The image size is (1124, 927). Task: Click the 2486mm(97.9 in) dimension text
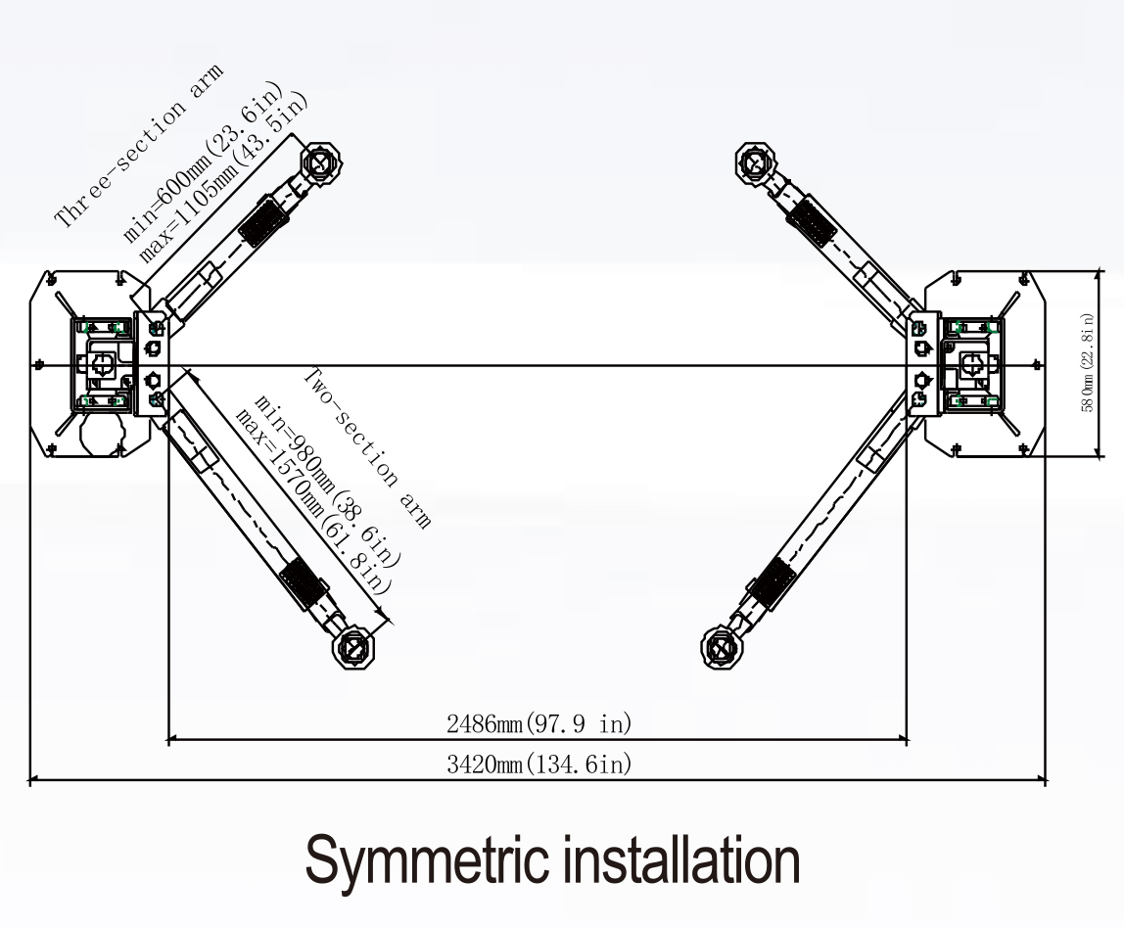pos(539,725)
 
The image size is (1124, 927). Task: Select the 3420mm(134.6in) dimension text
pos(539,765)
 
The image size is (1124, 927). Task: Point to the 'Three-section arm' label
pos(138,146)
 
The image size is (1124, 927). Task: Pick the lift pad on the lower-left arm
pos(353,647)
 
